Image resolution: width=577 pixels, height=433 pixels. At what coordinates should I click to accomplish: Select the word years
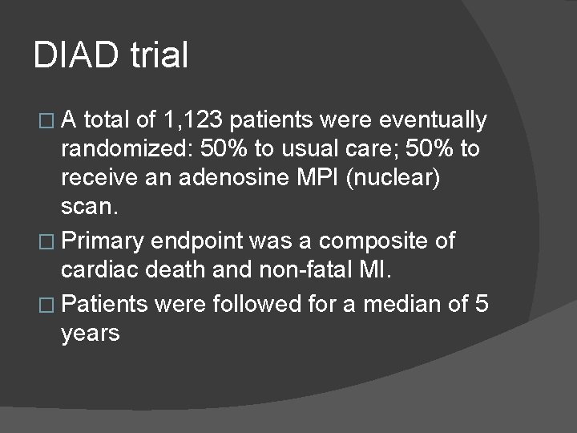click(91, 334)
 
